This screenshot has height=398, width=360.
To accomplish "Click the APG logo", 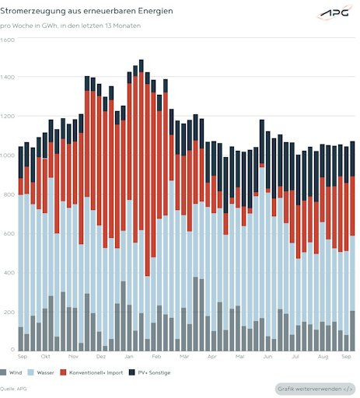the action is tap(334, 12).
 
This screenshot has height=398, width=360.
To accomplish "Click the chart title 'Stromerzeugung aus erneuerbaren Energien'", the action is tap(86, 11).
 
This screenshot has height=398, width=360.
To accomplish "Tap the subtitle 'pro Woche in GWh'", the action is tap(29, 26).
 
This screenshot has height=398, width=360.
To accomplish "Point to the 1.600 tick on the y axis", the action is tap(7, 40).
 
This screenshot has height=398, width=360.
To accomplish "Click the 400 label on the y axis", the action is tap(9, 273).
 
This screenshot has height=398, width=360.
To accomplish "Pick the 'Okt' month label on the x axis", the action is tap(46, 357).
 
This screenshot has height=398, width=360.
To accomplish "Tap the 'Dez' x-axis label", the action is tap(101, 357).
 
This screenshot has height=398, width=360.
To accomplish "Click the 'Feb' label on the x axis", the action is tap(156, 357).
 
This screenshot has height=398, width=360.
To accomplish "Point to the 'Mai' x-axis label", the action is tap(239, 357).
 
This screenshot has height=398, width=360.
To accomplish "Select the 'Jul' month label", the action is tap(295, 357).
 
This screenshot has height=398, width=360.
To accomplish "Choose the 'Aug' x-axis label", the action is tap(323, 357).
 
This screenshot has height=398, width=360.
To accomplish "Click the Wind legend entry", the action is tap(11, 372).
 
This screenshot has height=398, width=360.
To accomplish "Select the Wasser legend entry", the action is tap(40, 372).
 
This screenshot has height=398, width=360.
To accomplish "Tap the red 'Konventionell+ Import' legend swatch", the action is tap(63, 372).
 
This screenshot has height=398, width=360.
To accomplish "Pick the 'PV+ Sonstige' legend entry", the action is tap(149, 372).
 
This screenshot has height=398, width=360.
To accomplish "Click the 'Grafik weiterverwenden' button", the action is tap(315, 389).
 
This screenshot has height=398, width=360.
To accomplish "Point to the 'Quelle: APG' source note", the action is tap(13, 389).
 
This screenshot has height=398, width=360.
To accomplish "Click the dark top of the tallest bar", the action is tap(142, 66).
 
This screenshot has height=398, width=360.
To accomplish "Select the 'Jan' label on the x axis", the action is tap(129, 357).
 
